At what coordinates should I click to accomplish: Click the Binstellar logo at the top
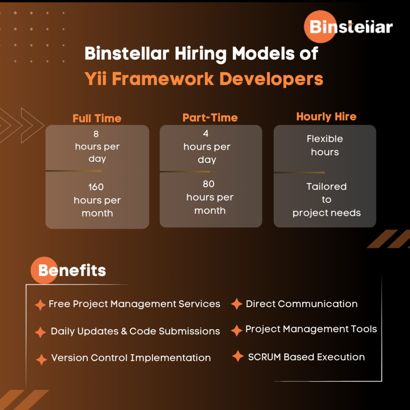tap(348, 27)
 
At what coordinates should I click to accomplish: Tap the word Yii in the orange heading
tap(95, 79)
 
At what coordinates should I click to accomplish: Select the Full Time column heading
tap(97, 119)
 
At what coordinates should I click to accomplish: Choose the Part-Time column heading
tap(210, 118)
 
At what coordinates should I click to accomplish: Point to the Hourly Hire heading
tap(326, 117)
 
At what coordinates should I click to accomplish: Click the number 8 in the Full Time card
tap(96, 134)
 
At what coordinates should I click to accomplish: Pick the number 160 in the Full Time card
tap(96, 187)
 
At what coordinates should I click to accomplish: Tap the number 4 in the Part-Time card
tap(206, 134)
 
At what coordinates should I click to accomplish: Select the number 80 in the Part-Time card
tap(209, 184)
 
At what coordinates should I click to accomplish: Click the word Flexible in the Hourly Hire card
tap(325, 139)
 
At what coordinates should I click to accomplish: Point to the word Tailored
tap(326, 187)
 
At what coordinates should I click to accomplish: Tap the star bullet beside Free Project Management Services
tap(40, 305)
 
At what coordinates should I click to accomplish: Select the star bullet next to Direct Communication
tap(237, 304)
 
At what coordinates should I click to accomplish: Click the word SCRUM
tap(264, 357)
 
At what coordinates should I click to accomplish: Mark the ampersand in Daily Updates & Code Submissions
tap(124, 331)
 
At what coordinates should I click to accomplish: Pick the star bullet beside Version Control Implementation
tap(41, 360)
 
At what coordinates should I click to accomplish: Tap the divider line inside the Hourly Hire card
tap(299, 173)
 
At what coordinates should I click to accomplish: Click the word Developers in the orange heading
tap(271, 79)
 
